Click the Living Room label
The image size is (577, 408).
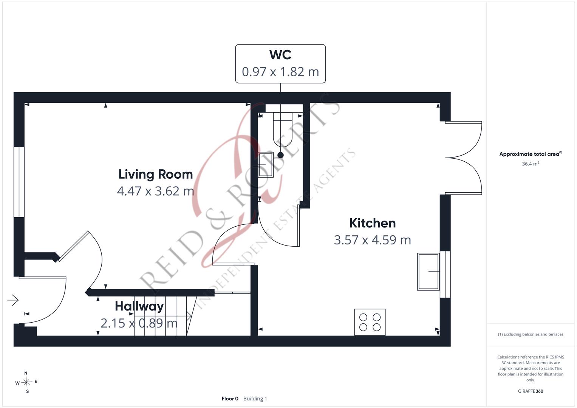(x=156, y=175)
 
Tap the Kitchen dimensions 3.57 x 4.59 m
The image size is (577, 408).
(x=373, y=240)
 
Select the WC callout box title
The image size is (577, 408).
(x=280, y=55)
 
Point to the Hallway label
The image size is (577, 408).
(x=139, y=306)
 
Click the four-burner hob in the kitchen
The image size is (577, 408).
(x=370, y=322)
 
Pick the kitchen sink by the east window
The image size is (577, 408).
(x=428, y=272)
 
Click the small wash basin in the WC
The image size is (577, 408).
(x=266, y=165)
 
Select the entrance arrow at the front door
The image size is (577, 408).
(x=13, y=300)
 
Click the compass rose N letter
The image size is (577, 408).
(x=26, y=373)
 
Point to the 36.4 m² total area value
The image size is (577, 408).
(x=531, y=164)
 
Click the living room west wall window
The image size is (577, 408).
(x=19, y=182)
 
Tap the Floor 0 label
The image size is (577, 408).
(x=230, y=399)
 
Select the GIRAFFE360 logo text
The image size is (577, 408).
(x=531, y=391)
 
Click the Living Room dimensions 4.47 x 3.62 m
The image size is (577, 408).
(x=156, y=191)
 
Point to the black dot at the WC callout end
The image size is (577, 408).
(x=280, y=155)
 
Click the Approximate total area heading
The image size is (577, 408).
(x=531, y=154)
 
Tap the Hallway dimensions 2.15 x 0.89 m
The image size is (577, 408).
(x=139, y=323)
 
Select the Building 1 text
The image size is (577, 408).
(x=255, y=399)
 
